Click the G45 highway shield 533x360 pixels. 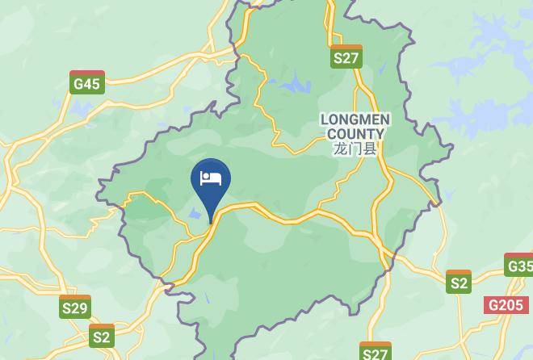86,83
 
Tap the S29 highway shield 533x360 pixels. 75,307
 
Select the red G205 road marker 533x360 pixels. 506,305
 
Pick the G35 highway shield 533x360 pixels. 520,266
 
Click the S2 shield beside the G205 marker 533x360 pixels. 459,282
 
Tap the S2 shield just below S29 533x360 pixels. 102,337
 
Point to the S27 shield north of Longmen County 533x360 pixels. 346,57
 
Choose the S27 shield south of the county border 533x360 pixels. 376,352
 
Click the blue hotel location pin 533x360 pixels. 211,181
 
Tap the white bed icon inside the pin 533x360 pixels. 211,178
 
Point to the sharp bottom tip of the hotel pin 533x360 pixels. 211,221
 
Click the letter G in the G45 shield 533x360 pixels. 78,84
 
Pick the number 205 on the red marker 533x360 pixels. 510,305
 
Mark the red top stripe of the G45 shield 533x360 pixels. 86,73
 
